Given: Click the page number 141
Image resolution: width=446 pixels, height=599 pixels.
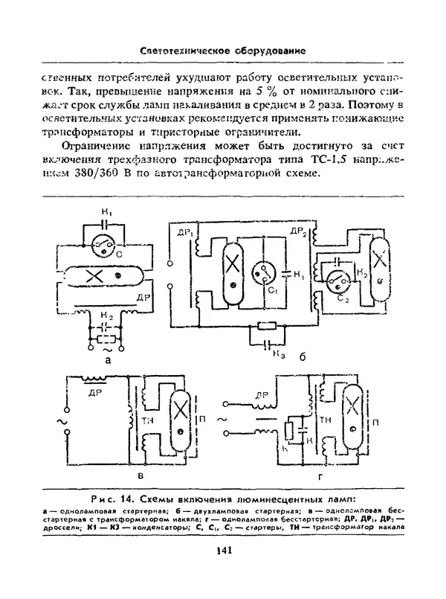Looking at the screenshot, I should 223,550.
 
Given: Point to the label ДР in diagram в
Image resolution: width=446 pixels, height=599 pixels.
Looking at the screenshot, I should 95,391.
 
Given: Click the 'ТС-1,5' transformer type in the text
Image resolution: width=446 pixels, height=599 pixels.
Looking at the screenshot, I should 326,159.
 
